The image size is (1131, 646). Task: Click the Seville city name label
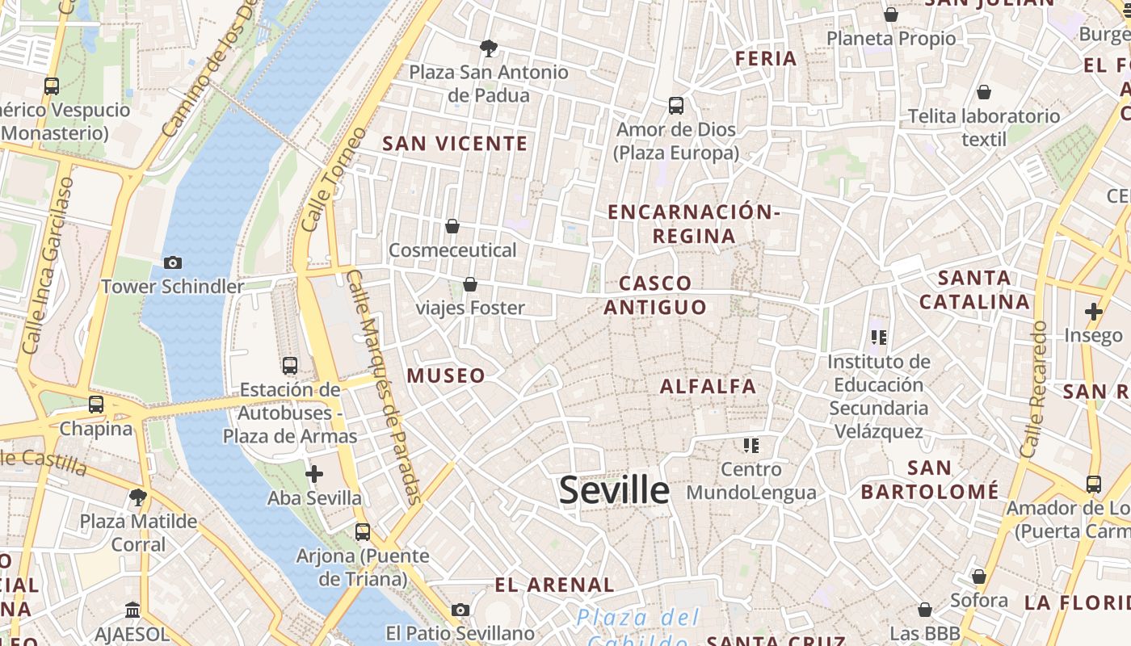coord(614,490)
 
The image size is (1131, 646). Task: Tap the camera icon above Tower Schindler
coord(172,262)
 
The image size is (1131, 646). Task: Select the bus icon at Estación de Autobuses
coord(290,366)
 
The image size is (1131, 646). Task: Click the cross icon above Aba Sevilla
coord(314,474)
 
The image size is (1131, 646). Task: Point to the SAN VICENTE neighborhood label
coord(455,144)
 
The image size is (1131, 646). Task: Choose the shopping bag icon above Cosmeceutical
coord(452,226)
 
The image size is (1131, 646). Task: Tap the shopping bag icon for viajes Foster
coord(469,284)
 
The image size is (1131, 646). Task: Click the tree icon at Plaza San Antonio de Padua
coord(488,48)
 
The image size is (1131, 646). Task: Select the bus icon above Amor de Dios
coord(676,106)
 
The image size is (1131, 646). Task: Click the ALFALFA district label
coord(708,387)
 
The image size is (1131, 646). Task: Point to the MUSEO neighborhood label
coord(446,375)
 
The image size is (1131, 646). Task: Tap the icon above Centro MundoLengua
coord(751,446)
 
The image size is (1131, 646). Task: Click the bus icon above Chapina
coord(96,404)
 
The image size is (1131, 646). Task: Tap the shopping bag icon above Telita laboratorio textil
coord(983,93)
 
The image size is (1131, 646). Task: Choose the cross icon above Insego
coord(1093,312)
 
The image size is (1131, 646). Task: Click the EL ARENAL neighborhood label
coord(554,585)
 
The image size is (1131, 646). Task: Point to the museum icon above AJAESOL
coord(132,610)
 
